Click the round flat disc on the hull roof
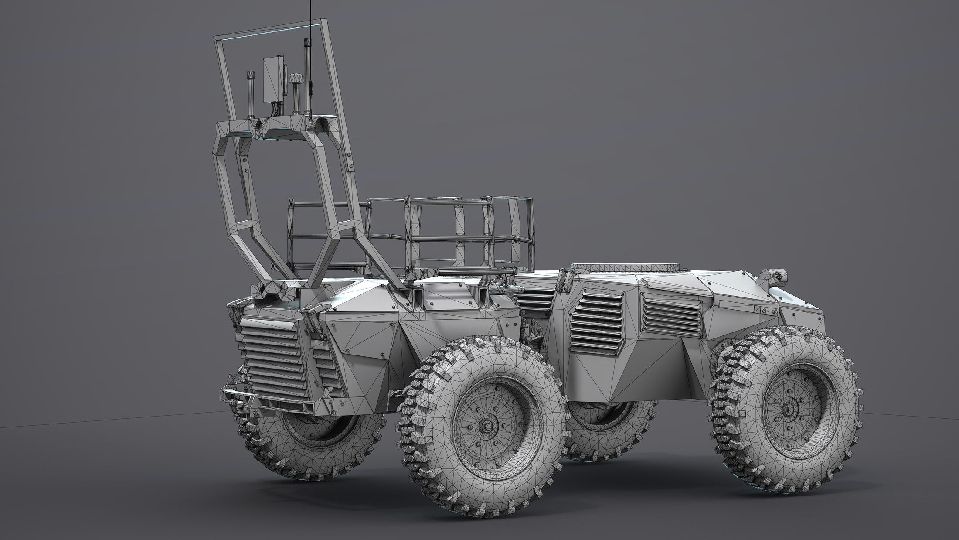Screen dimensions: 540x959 click(x=625, y=267)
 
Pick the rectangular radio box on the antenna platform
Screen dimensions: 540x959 click(x=274, y=79)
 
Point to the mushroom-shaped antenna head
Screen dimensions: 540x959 click(x=295, y=80)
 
